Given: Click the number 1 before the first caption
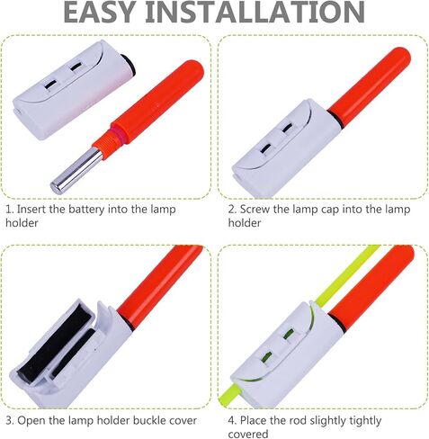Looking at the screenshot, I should point(8,209).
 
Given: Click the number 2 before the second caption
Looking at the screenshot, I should point(230,209).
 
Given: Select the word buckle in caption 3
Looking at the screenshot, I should point(147,420).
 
